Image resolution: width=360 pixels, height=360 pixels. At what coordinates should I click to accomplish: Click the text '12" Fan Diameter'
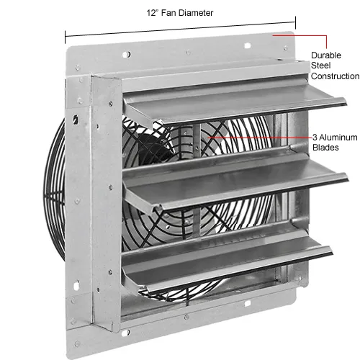tap(180, 13)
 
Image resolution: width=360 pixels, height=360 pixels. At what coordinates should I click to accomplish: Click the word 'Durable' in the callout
tap(326, 55)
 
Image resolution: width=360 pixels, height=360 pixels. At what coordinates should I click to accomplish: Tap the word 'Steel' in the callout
tap(320, 66)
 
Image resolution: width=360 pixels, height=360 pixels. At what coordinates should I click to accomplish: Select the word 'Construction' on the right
tap(335, 76)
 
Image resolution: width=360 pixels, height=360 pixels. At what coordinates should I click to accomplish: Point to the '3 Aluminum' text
tap(335, 138)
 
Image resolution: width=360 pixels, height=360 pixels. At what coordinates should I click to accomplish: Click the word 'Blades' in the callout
tap(325, 148)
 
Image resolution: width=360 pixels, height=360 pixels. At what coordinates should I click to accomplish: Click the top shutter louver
tap(234, 102)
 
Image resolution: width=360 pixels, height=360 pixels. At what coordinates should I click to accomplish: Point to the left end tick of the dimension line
tap(65, 37)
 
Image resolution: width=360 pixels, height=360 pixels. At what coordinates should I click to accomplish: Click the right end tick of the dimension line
tap(295, 23)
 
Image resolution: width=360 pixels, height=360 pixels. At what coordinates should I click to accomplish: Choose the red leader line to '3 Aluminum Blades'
tap(261, 138)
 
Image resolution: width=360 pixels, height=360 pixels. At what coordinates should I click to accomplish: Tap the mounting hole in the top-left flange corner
tap(127, 55)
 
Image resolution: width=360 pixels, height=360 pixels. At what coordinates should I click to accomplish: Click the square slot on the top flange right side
tap(247, 45)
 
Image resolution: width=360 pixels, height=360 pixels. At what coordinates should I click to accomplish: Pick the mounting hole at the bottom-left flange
tap(125, 333)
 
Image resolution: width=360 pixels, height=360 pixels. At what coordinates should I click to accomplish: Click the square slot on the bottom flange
tap(247, 304)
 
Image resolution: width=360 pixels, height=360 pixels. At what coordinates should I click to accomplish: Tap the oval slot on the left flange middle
tap(76, 119)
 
